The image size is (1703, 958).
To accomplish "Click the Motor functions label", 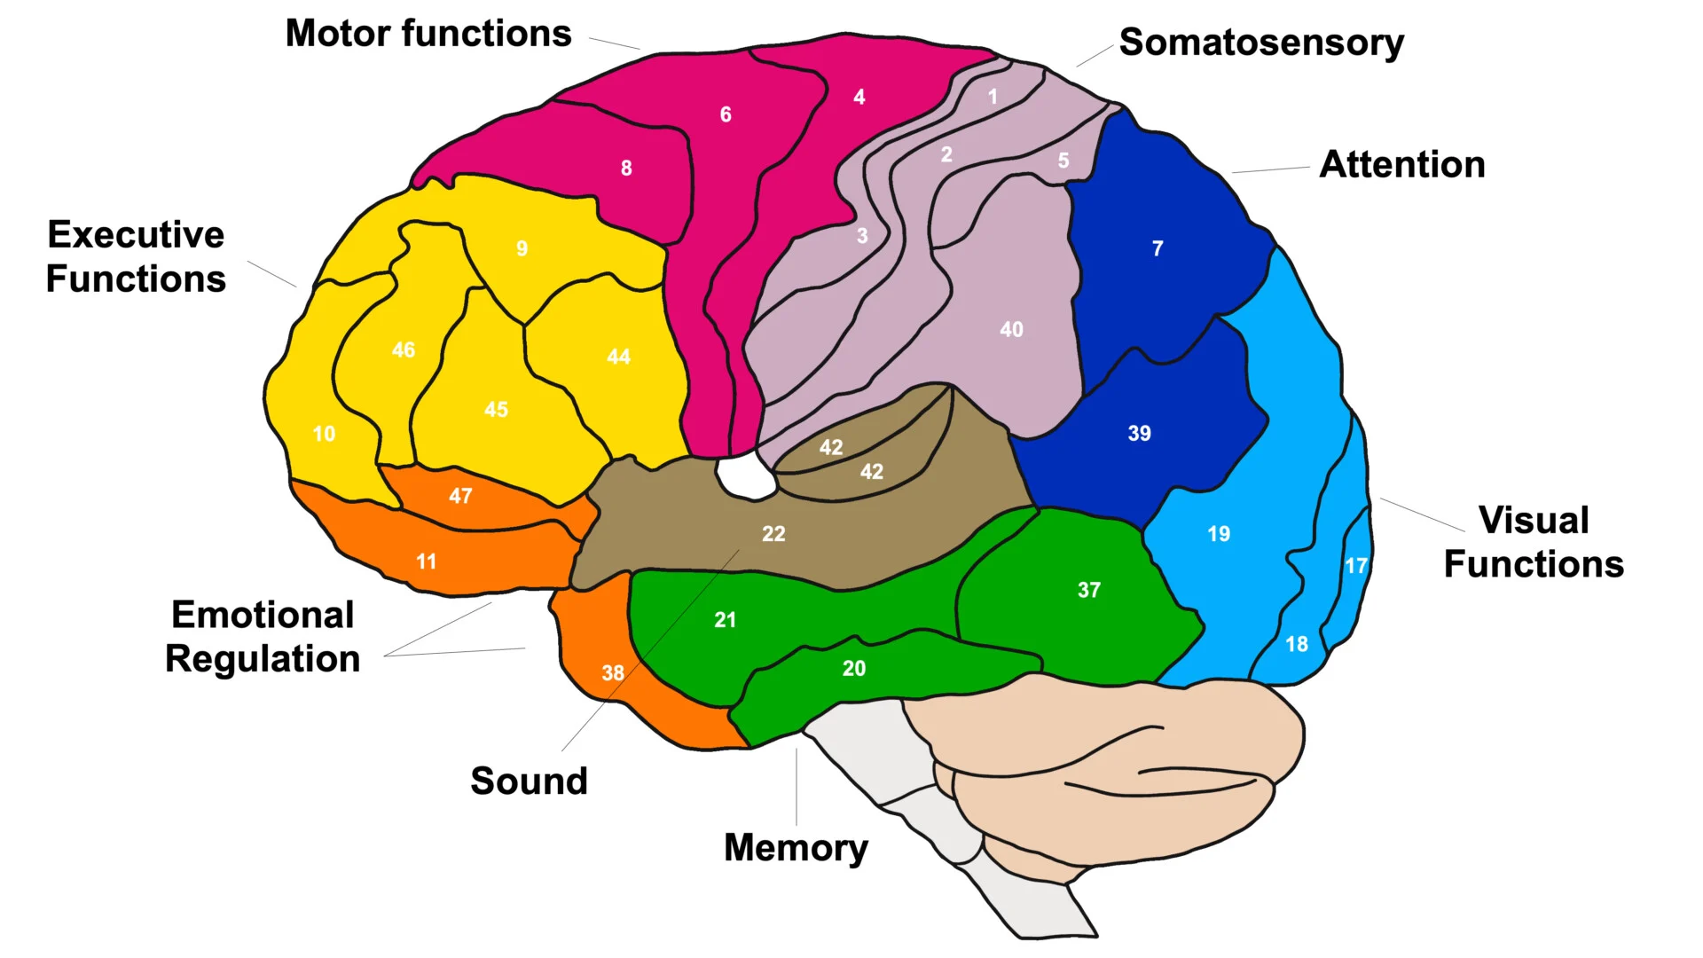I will point(428,35).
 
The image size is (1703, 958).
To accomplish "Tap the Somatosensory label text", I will point(1261,43).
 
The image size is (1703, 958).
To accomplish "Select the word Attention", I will point(1401,165).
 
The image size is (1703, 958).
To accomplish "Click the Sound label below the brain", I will point(529,781).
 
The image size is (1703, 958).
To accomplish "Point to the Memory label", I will point(796,848).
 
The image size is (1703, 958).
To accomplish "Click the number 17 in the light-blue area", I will point(1355,566).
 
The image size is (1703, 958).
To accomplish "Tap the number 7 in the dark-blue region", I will point(1158,249).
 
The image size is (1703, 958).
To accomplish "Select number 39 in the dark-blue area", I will point(1139,434).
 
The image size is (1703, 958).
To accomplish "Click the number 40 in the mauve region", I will point(1011,330).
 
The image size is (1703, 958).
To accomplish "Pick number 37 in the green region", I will point(1089,591).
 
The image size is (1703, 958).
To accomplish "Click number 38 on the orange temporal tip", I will point(613,673).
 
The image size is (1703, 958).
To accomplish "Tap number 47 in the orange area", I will point(460,497).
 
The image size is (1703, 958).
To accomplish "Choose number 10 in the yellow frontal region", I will point(324,435).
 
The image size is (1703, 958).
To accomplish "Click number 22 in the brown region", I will point(773,534).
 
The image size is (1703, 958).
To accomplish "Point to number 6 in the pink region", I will point(726,114).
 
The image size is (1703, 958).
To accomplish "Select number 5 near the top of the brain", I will point(1063,161).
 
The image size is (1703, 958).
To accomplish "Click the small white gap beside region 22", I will point(745,477).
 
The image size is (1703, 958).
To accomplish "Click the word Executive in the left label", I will point(136,235).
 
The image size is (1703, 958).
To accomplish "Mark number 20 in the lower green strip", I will point(853,669).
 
